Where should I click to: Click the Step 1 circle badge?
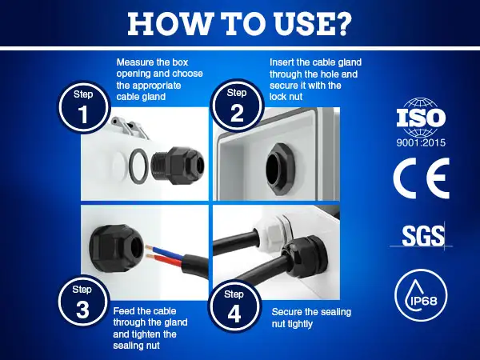tap(83, 107)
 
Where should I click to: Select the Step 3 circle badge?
tap(83, 302)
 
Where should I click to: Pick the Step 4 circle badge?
tap(234, 306)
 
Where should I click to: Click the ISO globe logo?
tap(421, 118)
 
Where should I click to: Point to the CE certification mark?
tap(422, 178)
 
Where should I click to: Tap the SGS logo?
tap(422, 236)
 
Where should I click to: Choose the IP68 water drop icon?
tap(421, 291)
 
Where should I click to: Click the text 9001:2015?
tap(421, 142)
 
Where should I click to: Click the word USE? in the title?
tap(312, 23)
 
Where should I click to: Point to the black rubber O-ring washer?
tap(138, 166)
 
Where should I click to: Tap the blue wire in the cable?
tap(166, 251)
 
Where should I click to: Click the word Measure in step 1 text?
tap(135, 62)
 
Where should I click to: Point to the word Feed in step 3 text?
tap(124, 311)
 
